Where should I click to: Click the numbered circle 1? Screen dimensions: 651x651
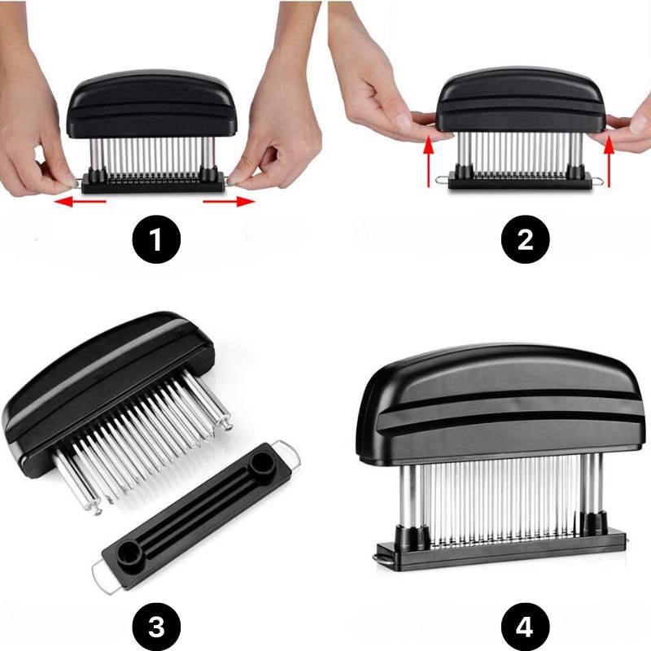[x=156, y=239]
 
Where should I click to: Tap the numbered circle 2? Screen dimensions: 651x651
[x=525, y=239]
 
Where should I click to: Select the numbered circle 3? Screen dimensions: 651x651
[x=156, y=626]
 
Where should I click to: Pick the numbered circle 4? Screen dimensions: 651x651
[x=525, y=626]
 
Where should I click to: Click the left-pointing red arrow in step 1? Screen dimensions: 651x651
[x=80, y=202]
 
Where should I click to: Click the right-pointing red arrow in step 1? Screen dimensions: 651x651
[x=229, y=202]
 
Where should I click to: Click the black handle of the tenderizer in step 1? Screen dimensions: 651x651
[x=151, y=104]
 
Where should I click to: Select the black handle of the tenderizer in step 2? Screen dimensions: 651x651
[x=521, y=99]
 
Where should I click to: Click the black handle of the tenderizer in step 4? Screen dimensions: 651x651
[x=500, y=404]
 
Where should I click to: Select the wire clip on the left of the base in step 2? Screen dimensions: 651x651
[x=442, y=180]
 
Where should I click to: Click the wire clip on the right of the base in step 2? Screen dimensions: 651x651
[x=598, y=180]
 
